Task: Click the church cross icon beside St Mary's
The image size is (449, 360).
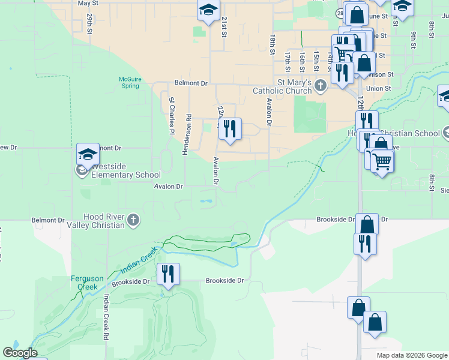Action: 321,86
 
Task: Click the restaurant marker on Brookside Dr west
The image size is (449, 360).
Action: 168,275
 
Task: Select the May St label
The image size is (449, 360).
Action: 88,3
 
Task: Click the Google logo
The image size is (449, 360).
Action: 19,353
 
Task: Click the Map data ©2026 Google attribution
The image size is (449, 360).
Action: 411,355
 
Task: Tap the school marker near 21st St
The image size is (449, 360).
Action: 208,10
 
